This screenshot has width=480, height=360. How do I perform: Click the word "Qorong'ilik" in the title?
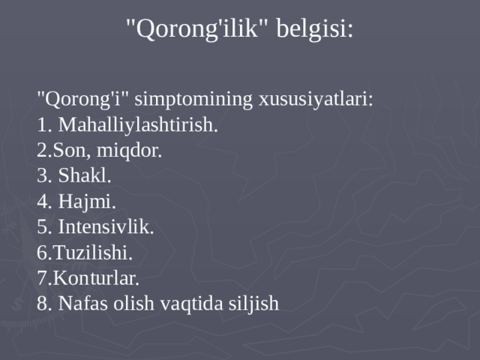click(x=196, y=28)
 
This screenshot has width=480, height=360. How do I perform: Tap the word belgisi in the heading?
click(x=315, y=28)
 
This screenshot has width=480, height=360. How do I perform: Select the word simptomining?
click(x=193, y=100)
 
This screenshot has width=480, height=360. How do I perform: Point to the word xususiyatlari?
click(x=316, y=100)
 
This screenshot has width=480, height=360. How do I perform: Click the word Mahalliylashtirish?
click(x=138, y=125)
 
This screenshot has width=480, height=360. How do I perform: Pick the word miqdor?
click(x=129, y=151)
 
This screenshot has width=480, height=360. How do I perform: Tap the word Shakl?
click(x=85, y=175)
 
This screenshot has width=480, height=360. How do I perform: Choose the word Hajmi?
click(x=87, y=202)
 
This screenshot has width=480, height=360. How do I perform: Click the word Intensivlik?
click(x=106, y=226)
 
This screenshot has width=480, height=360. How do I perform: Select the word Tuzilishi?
click(x=93, y=253)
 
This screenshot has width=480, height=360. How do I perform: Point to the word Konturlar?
click(x=96, y=278)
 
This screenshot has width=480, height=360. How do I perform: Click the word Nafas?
click(x=82, y=303)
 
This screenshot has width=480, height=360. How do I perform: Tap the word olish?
click(x=133, y=303)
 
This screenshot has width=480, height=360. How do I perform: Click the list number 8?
click(x=42, y=304)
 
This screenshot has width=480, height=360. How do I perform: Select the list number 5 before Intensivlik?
click(x=42, y=227)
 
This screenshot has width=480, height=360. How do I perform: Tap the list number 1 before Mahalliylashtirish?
click(x=42, y=125)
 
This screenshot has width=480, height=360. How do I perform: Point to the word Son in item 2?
click(x=70, y=151)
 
